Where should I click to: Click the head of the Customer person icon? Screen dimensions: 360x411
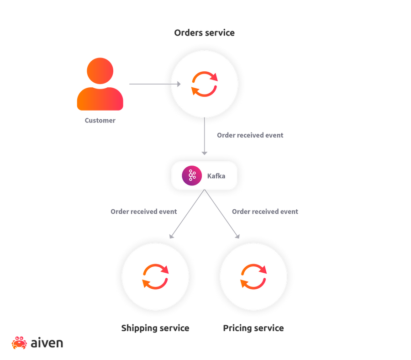[100, 71]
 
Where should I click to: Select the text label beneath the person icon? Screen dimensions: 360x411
[100, 121]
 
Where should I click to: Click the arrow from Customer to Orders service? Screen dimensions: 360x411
[153, 84]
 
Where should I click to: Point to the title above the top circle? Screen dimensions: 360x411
[204, 33]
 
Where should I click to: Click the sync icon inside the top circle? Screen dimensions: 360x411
[205, 84]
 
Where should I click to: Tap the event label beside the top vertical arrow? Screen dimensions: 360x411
[250, 135]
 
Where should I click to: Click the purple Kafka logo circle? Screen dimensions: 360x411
[192, 176]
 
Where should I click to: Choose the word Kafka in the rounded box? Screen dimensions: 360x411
[216, 176]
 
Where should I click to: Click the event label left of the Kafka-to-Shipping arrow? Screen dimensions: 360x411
[143, 212]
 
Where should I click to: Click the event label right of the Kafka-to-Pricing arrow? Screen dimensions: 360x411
[265, 212]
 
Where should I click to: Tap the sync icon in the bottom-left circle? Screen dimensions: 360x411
[155, 276]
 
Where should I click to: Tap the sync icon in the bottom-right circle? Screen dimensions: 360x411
[253, 276]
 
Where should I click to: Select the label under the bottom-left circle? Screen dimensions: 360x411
[155, 328]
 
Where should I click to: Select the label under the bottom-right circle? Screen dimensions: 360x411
[253, 328]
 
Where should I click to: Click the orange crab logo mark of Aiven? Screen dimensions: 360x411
[19, 343]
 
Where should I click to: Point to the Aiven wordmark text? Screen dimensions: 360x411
[47, 343]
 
